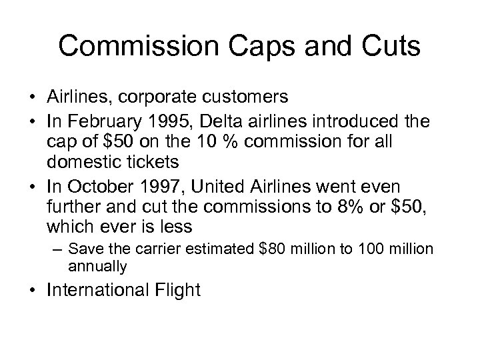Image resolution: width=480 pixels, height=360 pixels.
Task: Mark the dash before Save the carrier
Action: pos(59,249)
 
